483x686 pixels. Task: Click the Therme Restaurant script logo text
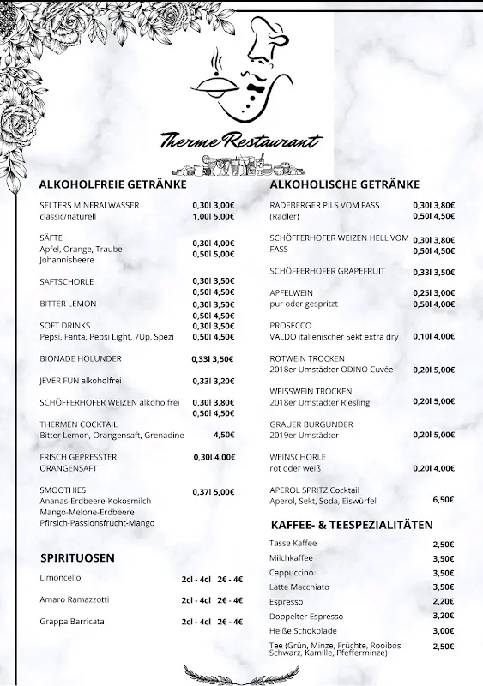pyautogui.click(x=241, y=141)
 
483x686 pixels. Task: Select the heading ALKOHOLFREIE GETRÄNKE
pyautogui.click(x=112, y=184)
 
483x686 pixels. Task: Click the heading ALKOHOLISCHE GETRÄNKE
pyautogui.click(x=344, y=184)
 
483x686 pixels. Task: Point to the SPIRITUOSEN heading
pyautogui.click(x=77, y=557)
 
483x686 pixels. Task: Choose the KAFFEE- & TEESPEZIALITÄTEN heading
pyautogui.click(x=352, y=524)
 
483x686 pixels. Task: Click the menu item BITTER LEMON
pyautogui.click(x=68, y=304)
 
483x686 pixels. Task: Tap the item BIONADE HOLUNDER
pyautogui.click(x=81, y=358)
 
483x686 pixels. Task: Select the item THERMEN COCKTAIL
pyautogui.click(x=78, y=424)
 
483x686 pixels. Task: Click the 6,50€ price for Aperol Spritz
pyautogui.click(x=443, y=499)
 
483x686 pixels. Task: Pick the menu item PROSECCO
pyautogui.click(x=291, y=326)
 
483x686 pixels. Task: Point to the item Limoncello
pyautogui.click(x=60, y=577)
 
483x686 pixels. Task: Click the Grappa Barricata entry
pyautogui.click(x=72, y=621)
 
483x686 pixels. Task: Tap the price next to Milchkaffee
pyautogui.click(x=443, y=558)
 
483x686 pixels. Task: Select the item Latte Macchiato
pyautogui.click(x=299, y=587)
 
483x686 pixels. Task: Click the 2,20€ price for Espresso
pyautogui.click(x=443, y=601)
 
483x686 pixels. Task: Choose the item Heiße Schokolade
pyautogui.click(x=303, y=630)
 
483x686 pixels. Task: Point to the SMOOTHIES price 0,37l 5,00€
pyautogui.click(x=213, y=491)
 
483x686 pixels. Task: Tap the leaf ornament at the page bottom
pyautogui.click(x=241, y=675)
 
